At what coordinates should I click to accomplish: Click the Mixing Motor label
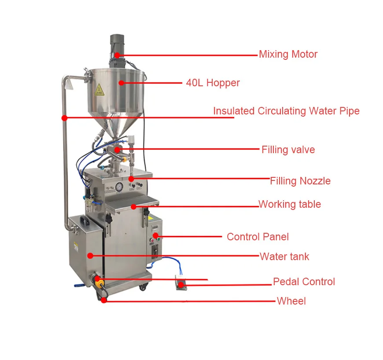(x=288, y=55)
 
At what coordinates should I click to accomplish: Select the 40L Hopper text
(x=213, y=83)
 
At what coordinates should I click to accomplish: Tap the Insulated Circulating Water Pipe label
(x=286, y=111)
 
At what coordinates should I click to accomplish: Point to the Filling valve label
(x=288, y=150)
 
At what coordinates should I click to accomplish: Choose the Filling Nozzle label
(x=300, y=181)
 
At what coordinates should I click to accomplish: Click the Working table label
(x=289, y=204)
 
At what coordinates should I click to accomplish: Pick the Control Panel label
(x=258, y=237)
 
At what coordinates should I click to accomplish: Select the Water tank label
(x=284, y=257)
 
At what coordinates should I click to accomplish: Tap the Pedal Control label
(x=304, y=282)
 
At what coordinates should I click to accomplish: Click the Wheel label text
(x=291, y=301)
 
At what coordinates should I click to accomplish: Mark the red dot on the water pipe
(x=65, y=118)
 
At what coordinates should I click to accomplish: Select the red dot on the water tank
(x=90, y=255)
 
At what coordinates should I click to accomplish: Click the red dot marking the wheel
(x=104, y=300)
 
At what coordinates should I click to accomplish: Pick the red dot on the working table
(x=133, y=206)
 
